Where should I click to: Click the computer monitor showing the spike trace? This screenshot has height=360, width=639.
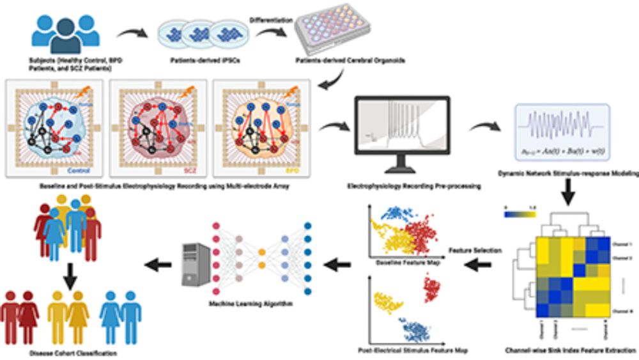point(402,131)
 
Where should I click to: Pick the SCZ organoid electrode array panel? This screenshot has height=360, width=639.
point(158,128)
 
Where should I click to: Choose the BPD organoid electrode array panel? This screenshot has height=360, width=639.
point(261,128)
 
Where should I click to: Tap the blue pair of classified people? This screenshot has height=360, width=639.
point(121,317)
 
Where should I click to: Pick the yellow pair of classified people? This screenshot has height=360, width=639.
point(69,317)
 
